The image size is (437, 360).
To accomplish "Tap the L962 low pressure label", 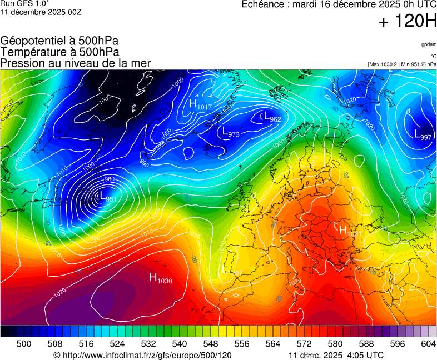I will (272, 117).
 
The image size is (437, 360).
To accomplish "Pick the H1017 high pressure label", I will (200, 104).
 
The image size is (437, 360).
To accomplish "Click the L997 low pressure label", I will (423, 134).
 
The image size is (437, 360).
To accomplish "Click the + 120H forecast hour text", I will (407, 21).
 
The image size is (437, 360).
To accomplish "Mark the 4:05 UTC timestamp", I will (365, 355).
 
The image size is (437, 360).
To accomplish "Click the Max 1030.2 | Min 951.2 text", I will (401, 64).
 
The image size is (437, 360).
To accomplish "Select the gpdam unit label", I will (428, 44).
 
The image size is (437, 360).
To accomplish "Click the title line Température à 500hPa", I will (59, 52).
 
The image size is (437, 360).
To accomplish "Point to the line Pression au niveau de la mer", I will (76, 63).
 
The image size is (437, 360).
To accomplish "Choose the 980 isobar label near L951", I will (110, 179).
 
